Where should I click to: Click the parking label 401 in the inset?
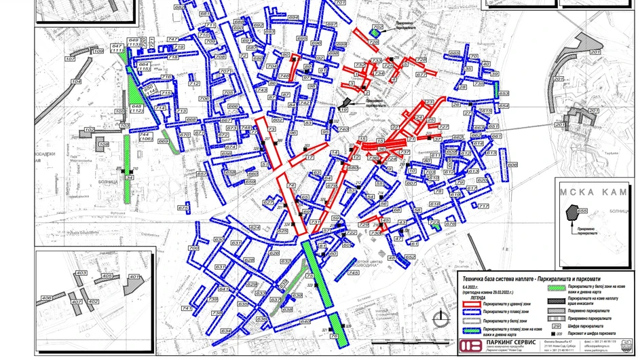point(134,277)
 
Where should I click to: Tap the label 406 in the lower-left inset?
point(47,298)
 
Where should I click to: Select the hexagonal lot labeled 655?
point(582,211)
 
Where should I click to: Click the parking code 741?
point(187,308)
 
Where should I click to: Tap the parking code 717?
point(483,206)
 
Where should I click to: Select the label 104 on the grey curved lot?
point(76,82)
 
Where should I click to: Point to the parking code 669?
point(164,141)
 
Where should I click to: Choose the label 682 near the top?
point(179,7)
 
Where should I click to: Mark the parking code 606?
point(512,164)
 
